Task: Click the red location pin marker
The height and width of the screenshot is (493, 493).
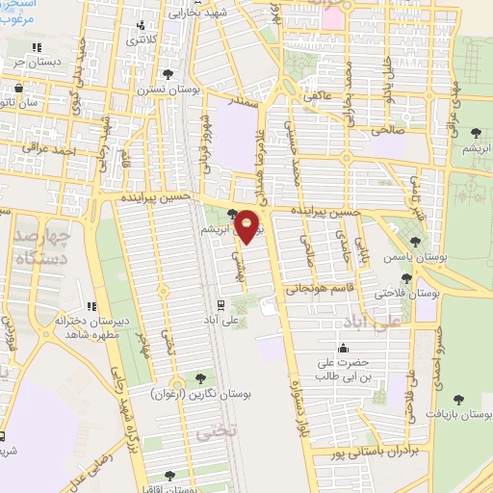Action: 248,226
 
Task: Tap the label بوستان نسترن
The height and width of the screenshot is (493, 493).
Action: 169,89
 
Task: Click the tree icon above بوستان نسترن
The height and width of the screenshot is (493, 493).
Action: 169,72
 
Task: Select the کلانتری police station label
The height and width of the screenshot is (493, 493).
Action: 142,41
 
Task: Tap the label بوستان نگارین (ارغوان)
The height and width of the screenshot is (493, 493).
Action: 193,395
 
